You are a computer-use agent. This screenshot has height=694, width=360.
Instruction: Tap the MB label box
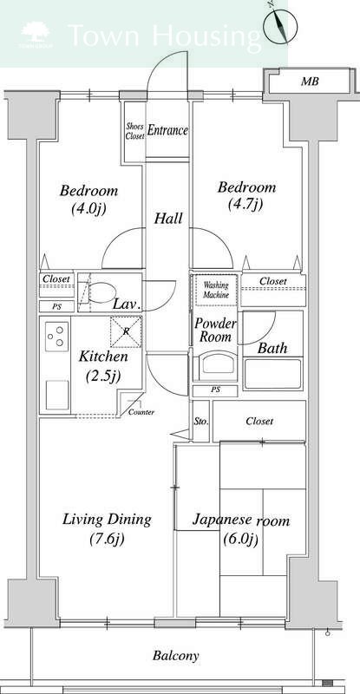click(310, 82)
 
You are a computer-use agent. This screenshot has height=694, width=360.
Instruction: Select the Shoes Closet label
click(134, 132)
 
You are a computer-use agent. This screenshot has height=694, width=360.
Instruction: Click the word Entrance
click(167, 131)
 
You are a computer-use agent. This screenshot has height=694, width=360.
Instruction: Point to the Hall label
click(168, 219)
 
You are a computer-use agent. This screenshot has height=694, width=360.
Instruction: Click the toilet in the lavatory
click(97, 292)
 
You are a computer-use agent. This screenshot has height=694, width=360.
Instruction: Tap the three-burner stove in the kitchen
click(57, 337)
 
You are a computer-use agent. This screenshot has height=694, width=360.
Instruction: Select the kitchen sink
click(57, 395)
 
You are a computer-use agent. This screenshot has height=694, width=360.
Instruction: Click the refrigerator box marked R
click(126, 331)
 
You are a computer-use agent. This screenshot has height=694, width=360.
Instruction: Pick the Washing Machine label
click(216, 290)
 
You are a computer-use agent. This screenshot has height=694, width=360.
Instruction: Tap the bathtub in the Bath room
click(272, 374)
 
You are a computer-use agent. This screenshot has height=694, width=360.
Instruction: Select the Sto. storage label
click(201, 422)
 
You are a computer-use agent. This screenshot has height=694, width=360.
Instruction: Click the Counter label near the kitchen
click(141, 413)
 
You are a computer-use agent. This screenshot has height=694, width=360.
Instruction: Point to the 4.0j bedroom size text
click(88, 208)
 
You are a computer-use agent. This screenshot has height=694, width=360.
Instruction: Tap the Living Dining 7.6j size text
click(107, 539)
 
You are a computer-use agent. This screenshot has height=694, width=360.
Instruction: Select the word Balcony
click(176, 656)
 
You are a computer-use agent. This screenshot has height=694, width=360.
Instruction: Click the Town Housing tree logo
click(36, 34)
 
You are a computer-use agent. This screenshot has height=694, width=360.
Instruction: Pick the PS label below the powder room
click(215, 390)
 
